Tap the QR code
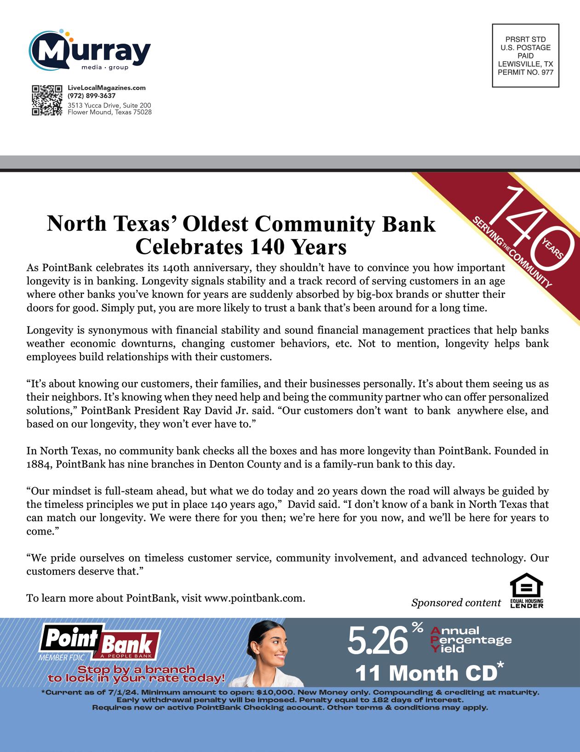click(x=47, y=100)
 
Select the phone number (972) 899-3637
click(x=92, y=96)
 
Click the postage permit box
click(x=525, y=56)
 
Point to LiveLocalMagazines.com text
click(x=106, y=88)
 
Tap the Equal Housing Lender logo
click(x=527, y=591)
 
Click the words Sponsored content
click(x=456, y=603)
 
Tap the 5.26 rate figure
click(x=377, y=641)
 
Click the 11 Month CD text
click(x=426, y=673)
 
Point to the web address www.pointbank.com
click(x=253, y=598)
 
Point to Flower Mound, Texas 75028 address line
click(x=109, y=112)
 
